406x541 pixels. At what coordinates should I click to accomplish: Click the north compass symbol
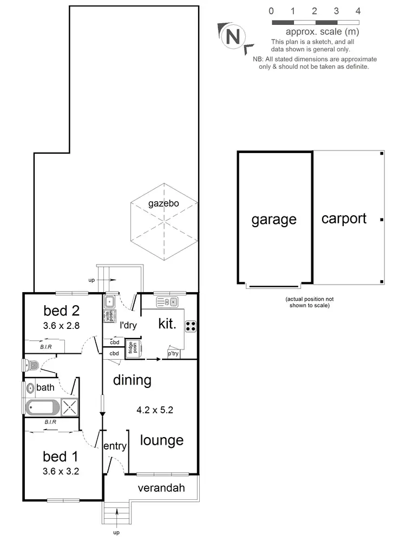[232, 36]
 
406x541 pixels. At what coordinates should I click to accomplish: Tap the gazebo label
[163, 204]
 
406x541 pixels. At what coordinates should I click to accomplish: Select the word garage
[274, 219]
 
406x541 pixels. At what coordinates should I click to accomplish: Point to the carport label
[344, 219]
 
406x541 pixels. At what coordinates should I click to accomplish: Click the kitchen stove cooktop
[191, 326]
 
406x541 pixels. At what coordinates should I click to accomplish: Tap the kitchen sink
[167, 302]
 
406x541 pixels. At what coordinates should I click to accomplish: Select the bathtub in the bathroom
[43, 407]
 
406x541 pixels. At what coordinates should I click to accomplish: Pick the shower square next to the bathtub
[69, 407]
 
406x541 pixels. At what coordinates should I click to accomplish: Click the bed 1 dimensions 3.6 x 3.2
[62, 471]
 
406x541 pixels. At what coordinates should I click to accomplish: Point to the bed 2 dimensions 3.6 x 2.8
[62, 326]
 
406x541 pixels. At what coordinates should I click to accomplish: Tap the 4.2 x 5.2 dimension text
[155, 410]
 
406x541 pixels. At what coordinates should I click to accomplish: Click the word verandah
[161, 488]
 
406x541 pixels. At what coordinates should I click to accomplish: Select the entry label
[115, 446]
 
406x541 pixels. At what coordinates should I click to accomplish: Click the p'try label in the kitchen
[173, 354]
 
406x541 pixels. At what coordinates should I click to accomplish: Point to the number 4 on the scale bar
[358, 11]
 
